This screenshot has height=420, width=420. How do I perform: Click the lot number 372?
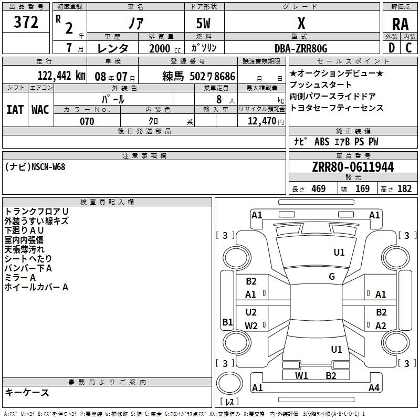pyautogui.click(x=26, y=22)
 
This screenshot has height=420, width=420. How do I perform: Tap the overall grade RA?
pyautogui.click(x=400, y=24)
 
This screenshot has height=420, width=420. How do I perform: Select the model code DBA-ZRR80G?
pyautogui.click(x=301, y=48)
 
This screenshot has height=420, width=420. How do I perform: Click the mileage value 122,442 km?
pyautogui.click(x=61, y=76)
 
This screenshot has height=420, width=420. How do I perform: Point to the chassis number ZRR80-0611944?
pyautogui.click(x=353, y=167)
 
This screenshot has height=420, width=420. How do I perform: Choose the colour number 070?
pyautogui.click(x=87, y=121)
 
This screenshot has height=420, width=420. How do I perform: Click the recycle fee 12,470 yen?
pyautogui.click(x=266, y=121)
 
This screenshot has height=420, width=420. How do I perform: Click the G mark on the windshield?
pyautogui.click(x=332, y=277)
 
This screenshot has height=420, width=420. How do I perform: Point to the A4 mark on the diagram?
pyautogui.click(x=374, y=387)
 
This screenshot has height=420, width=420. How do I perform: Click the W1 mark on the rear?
pyautogui.click(x=301, y=376)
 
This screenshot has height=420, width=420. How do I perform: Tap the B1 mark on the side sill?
pyautogui.click(x=227, y=322)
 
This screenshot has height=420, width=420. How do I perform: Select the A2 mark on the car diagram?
pyautogui.click(x=381, y=325)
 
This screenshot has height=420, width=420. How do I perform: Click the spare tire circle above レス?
pyautogui.click(x=229, y=384)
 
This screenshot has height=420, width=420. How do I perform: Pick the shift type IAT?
pyautogui.click(x=15, y=110)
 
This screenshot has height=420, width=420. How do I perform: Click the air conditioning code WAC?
pyautogui.click(x=40, y=110)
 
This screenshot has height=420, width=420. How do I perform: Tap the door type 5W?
pyautogui.click(x=203, y=23)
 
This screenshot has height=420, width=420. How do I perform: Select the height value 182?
pyautogui.click(x=404, y=188)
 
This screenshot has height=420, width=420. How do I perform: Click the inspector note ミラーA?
pyautogui.click(x=20, y=278)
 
